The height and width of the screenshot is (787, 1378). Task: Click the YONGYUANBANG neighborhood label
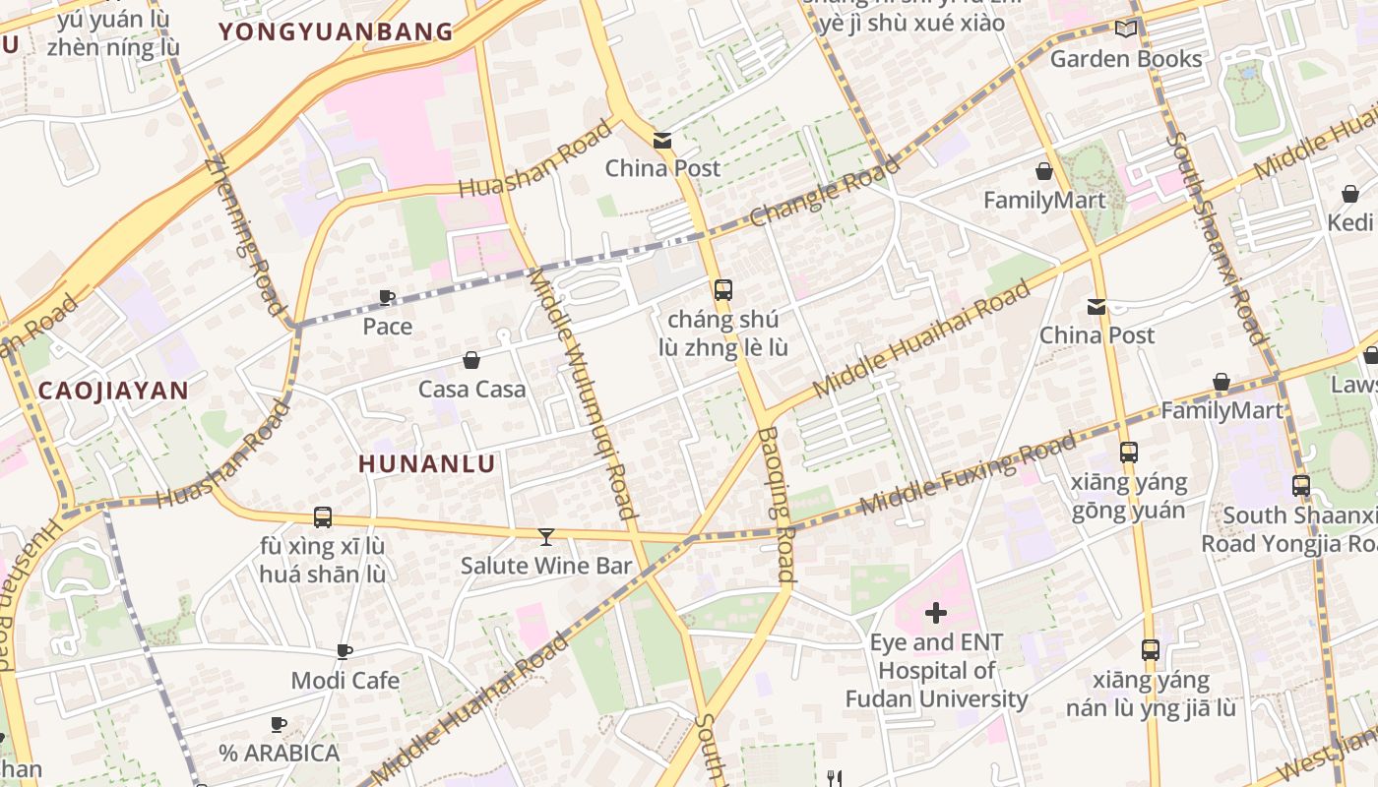coord(336,31)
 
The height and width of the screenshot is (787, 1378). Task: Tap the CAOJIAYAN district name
coord(113,391)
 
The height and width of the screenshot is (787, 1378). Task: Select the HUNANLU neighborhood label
coord(426,463)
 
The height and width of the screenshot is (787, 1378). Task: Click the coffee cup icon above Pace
coord(387,297)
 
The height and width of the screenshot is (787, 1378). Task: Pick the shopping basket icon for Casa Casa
coord(471,360)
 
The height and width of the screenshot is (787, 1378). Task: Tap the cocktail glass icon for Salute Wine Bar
coord(546,536)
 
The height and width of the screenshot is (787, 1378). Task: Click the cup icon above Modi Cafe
coord(344,651)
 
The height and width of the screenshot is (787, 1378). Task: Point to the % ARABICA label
coord(280,753)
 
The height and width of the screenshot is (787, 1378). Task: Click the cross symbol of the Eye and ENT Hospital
coord(936,614)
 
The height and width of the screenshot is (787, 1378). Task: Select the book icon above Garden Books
coord(1126,30)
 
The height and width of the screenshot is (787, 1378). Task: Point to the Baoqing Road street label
coord(778,503)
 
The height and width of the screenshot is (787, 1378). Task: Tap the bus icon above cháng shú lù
coord(723,290)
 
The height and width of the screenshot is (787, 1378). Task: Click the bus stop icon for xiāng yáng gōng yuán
coord(1129,453)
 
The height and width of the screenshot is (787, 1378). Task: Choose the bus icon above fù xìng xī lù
coord(322,516)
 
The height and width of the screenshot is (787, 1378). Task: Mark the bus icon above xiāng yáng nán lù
coord(1151,649)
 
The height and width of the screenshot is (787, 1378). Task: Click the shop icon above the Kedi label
coord(1349,194)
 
